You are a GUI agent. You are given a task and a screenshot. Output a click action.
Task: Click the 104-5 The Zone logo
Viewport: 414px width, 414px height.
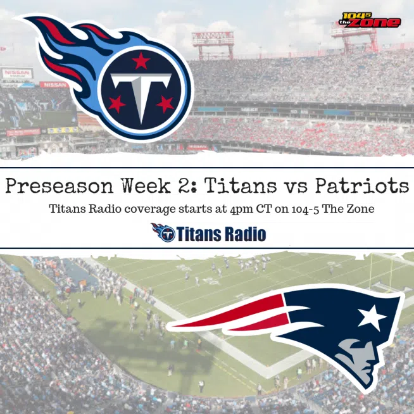tap(370, 20)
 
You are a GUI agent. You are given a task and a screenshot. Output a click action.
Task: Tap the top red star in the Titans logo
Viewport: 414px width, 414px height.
tap(141, 61)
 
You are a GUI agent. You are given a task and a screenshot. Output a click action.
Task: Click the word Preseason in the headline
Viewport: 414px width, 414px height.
tap(60, 186)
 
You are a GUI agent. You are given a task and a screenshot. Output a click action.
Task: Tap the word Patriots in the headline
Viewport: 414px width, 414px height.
tap(362, 185)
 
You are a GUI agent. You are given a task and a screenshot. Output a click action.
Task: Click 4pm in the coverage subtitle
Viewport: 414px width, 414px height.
tap(241, 210)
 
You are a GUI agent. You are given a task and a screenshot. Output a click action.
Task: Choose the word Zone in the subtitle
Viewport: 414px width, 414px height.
tap(361, 209)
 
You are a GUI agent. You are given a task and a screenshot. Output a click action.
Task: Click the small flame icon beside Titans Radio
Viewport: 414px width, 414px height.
tap(163, 232)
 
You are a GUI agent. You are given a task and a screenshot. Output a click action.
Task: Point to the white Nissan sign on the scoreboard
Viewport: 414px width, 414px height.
tap(18, 73)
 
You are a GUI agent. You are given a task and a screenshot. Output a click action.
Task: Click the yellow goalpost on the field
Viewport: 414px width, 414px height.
tap(380, 272)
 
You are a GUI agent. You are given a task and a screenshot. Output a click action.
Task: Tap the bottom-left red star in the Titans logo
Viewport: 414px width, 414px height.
tap(116, 104)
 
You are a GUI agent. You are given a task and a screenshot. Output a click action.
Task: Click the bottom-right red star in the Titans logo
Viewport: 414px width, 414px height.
tap(165, 104)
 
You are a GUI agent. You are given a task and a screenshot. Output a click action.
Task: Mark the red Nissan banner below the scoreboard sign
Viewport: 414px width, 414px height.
tap(54, 85)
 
